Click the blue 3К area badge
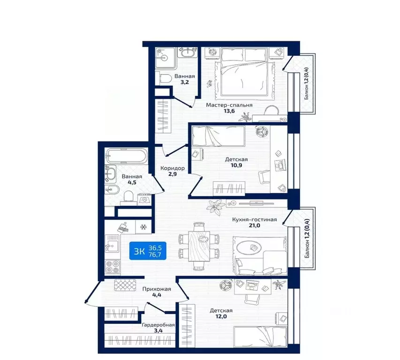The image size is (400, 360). point(148,251)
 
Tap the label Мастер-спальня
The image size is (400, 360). point(229,105)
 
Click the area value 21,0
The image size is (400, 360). point(254,225)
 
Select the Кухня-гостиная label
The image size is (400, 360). point(254,219)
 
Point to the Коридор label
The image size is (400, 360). point(173,168)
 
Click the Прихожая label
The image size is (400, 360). point(157,289)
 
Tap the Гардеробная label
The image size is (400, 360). point(158,325)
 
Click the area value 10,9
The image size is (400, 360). point(236,165)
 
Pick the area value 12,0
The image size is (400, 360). point(221,317)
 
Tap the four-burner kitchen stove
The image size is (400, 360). point(113,267)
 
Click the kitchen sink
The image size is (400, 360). point(112,243)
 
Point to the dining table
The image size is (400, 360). point(199,246)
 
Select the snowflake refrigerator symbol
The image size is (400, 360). point(143,227)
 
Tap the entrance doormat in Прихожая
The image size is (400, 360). point(125,285)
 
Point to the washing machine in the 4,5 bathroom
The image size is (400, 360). point(144,199)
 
